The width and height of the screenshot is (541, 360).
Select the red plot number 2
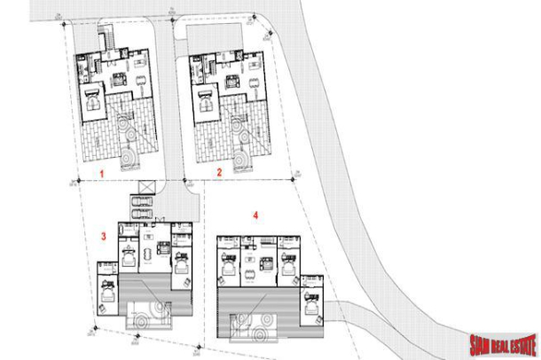pos(218,173)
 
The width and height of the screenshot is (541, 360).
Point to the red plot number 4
pos(255,215)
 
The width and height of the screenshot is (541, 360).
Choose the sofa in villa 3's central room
pos(161,250)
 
